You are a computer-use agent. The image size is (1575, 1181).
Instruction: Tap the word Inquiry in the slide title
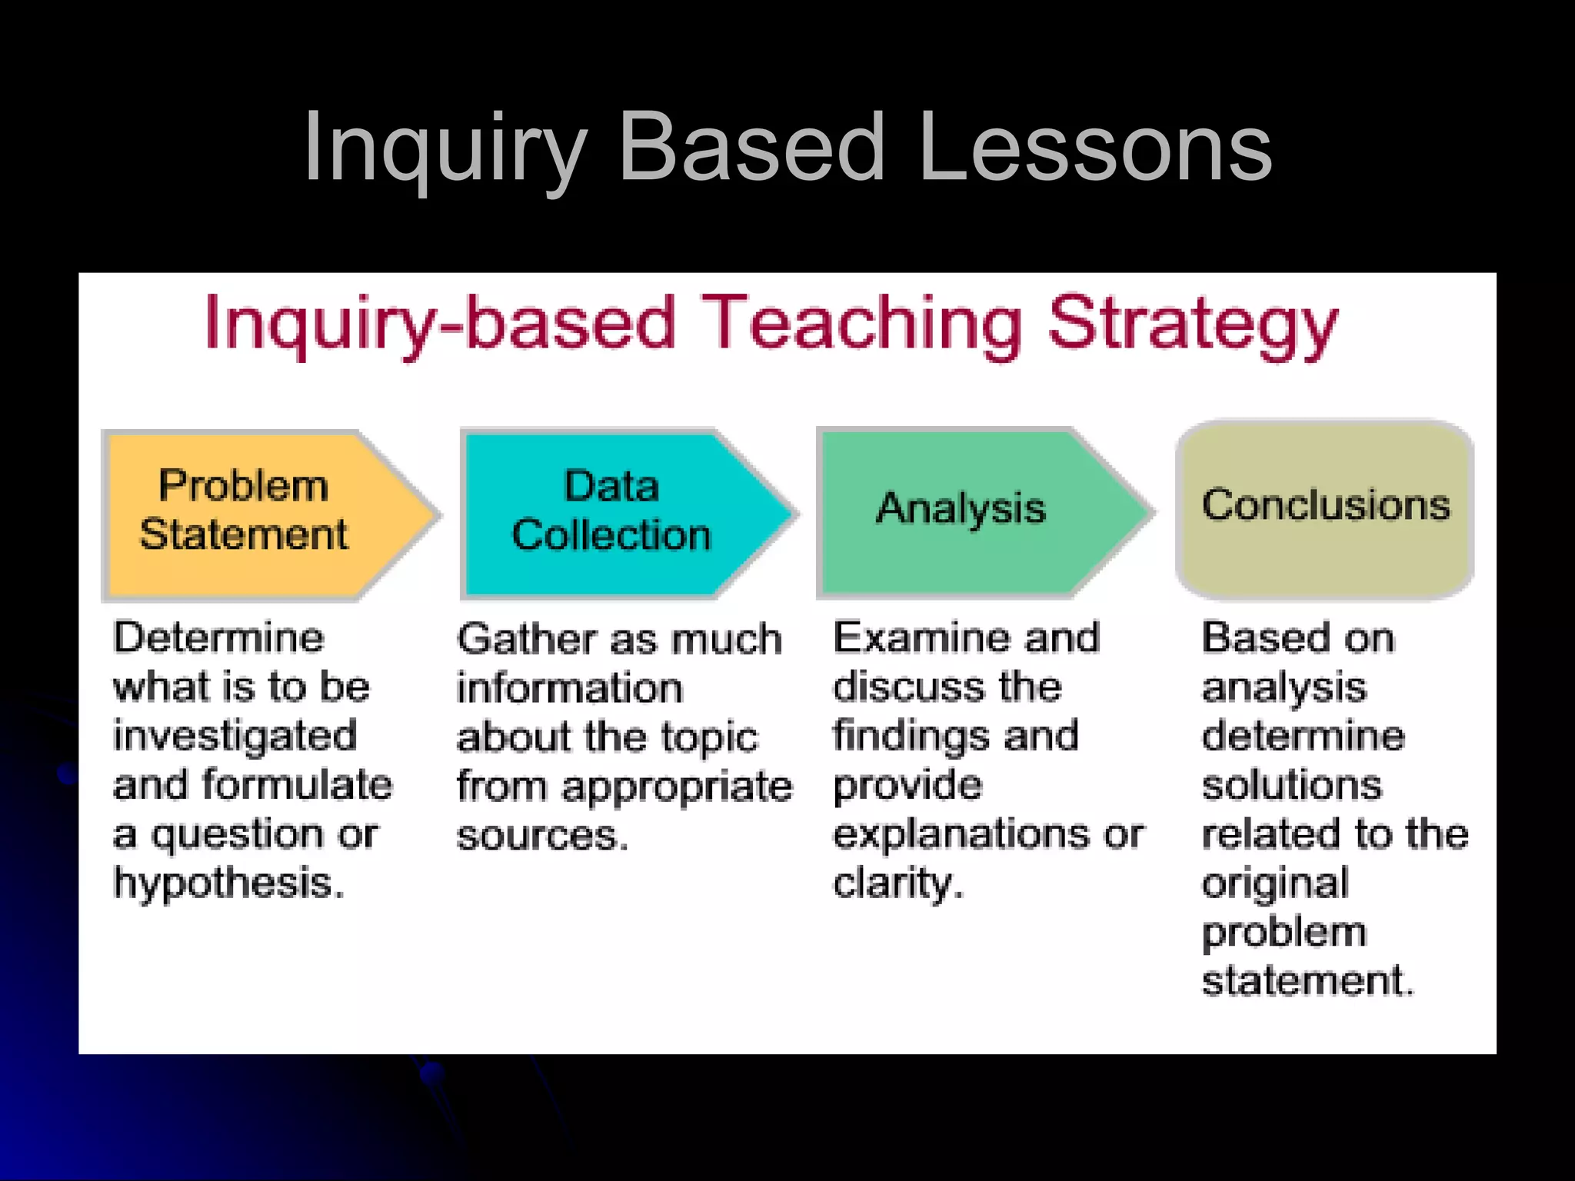(446, 147)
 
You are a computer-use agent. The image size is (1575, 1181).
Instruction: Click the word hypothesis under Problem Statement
(228, 883)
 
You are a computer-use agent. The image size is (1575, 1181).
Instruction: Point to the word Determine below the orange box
(219, 638)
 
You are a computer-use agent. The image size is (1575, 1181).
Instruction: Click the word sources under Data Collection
(541, 836)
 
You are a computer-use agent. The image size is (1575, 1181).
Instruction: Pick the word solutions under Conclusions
(1292, 786)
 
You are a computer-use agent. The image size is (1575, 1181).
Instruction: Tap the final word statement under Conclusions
(1307, 981)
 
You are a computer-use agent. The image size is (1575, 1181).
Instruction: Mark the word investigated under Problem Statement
(235, 737)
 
